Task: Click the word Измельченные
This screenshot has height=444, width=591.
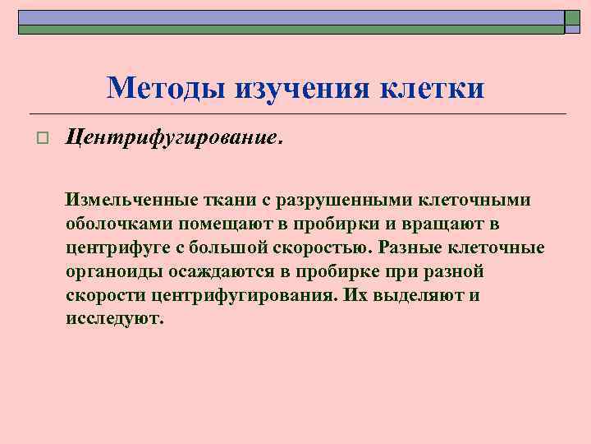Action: (132, 201)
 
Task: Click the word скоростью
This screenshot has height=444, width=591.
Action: (323, 248)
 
